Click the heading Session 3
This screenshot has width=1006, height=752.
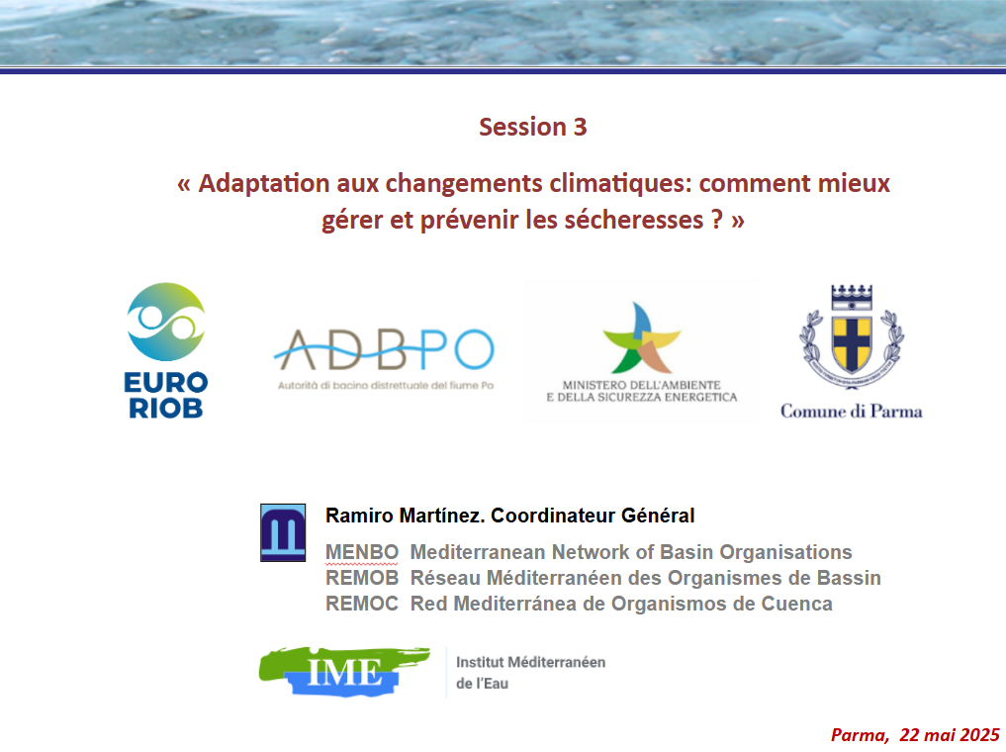coord(532,127)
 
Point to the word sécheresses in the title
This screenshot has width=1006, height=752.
coord(630,220)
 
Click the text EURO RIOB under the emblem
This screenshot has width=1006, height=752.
coord(166,395)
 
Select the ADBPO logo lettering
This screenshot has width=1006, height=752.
coord(383,348)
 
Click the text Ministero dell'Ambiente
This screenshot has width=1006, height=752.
coord(641,384)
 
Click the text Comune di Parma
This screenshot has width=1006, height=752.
coord(851,411)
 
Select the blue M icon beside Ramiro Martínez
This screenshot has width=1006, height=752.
coord(283,532)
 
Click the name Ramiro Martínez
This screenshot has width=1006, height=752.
coord(404,516)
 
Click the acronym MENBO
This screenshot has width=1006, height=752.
coord(361,552)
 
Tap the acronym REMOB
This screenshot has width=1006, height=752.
coord(361,578)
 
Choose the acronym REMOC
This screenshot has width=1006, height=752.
coord(361,604)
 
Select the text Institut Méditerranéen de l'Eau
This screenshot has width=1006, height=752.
coord(530,672)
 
